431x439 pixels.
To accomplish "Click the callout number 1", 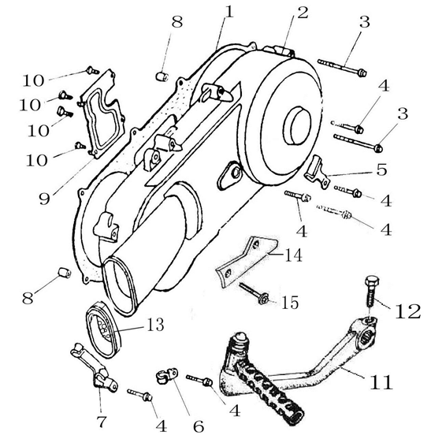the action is [x=229, y=12].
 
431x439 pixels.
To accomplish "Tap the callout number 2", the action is [x=303, y=13].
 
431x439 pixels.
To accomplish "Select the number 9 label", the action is [x=44, y=199].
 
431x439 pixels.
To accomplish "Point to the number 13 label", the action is [x=155, y=325].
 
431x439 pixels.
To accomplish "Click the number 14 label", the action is [x=294, y=255].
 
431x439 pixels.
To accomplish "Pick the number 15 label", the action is [x=290, y=303].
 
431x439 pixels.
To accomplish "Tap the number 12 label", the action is [x=408, y=311].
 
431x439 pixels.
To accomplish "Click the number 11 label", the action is [x=381, y=382].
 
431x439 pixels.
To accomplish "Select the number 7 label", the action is [x=102, y=422].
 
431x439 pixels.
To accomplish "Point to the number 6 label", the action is [x=199, y=426].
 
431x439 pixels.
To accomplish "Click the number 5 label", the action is [x=381, y=169].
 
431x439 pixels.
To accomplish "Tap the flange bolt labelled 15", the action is [x=255, y=294].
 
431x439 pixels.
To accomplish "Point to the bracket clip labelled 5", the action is [x=316, y=171].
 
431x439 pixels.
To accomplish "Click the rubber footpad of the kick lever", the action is [x=269, y=392].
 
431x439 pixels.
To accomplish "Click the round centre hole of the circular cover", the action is [x=297, y=125].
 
